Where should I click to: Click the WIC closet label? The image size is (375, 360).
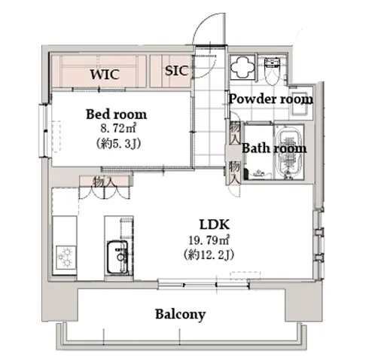[x=105, y=74]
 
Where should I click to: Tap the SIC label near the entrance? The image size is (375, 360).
[x=176, y=71]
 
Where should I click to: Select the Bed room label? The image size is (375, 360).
[x=116, y=114]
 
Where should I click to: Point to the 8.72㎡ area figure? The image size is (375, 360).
[x=118, y=128]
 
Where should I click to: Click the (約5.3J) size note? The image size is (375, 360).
[x=118, y=144]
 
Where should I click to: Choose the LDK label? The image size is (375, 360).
[x=215, y=224]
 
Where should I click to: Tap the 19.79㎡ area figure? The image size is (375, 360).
[x=209, y=240]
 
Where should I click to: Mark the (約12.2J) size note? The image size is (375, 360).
[x=209, y=255]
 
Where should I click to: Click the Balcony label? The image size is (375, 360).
[x=180, y=314]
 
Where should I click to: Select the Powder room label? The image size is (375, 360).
[x=270, y=99]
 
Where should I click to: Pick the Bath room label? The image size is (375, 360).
[x=274, y=148]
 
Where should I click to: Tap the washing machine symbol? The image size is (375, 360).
[x=242, y=67]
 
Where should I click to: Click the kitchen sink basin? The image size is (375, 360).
[x=117, y=257]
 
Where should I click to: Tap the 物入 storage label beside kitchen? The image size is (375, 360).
[x=104, y=182]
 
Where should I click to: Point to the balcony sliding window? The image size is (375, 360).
[x=203, y=285]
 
